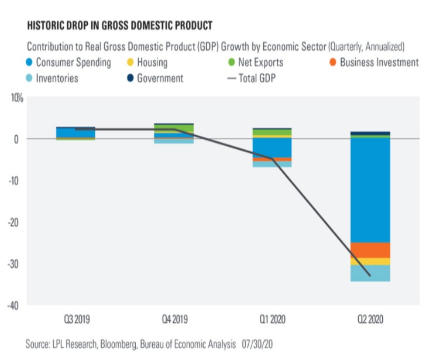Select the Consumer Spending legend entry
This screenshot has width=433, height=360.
click(67, 62)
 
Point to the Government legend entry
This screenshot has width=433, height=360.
click(155, 78)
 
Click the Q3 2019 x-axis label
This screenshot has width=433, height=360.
click(75, 321)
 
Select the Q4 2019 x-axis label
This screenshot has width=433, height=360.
click(174, 321)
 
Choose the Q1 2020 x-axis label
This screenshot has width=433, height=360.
click(272, 321)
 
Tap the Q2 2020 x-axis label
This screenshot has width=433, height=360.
click(370, 321)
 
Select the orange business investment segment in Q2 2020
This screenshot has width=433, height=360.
click(370, 250)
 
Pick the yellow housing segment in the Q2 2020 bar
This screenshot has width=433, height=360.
click(370, 261)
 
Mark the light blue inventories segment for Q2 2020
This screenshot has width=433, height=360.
click(370, 273)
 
